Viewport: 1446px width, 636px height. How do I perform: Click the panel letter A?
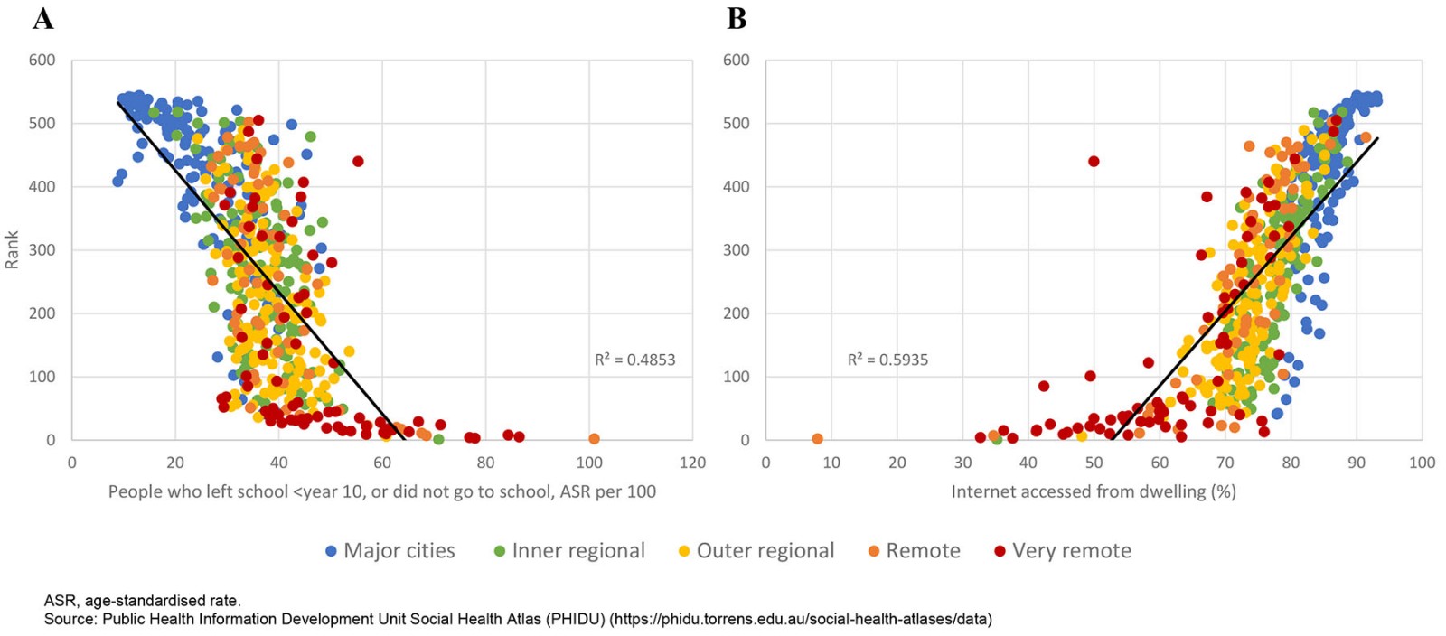(x=42, y=18)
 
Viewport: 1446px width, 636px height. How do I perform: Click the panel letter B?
(x=737, y=18)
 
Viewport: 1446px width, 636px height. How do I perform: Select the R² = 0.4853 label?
(x=634, y=360)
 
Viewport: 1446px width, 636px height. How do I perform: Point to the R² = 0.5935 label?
(x=887, y=360)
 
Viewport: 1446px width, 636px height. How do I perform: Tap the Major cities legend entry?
(x=390, y=551)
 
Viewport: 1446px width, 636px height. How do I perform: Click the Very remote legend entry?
(x=1062, y=551)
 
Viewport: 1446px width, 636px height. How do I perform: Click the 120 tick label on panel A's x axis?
(x=692, y=463)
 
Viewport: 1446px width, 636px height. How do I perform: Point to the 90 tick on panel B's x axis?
(x=1357, y=463)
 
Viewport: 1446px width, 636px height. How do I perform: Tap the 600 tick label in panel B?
(x=736, y=61)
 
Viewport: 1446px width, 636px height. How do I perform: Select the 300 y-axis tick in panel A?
(x=42, y=250)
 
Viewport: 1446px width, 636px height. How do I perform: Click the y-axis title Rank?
(x=12, y=249)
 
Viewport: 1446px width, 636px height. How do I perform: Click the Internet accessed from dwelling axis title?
(x=1094, y=491)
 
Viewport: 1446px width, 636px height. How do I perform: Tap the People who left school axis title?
(x=382, y=491)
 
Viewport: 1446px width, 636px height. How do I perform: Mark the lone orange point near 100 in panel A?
(x=594, y=439)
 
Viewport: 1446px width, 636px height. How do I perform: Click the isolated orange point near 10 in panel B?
(x=817, y=439)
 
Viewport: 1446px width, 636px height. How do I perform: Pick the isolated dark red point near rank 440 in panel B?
(x=1094, y=162)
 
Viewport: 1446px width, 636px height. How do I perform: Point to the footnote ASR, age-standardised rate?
(x=143, y=601)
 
